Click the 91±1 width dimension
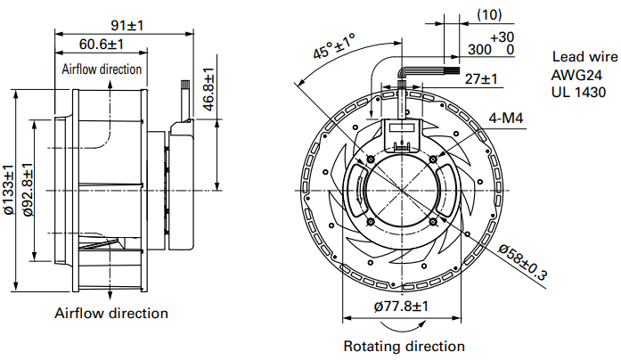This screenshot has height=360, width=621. (x=124, y=24)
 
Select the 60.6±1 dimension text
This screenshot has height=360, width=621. (x=101, y=45)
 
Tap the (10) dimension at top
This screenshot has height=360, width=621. (x=490, y=15)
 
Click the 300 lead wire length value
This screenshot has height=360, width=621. (x=478, y=49)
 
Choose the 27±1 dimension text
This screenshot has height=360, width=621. (x=481, y=79)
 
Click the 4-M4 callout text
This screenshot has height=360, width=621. (x=505, y=118)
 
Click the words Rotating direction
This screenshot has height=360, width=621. (x=404, y=345)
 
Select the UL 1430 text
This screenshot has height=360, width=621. (x=578, y=91)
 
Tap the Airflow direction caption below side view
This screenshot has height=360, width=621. (x=111, y=313)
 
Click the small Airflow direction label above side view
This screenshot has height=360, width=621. (x=102, y=69)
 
